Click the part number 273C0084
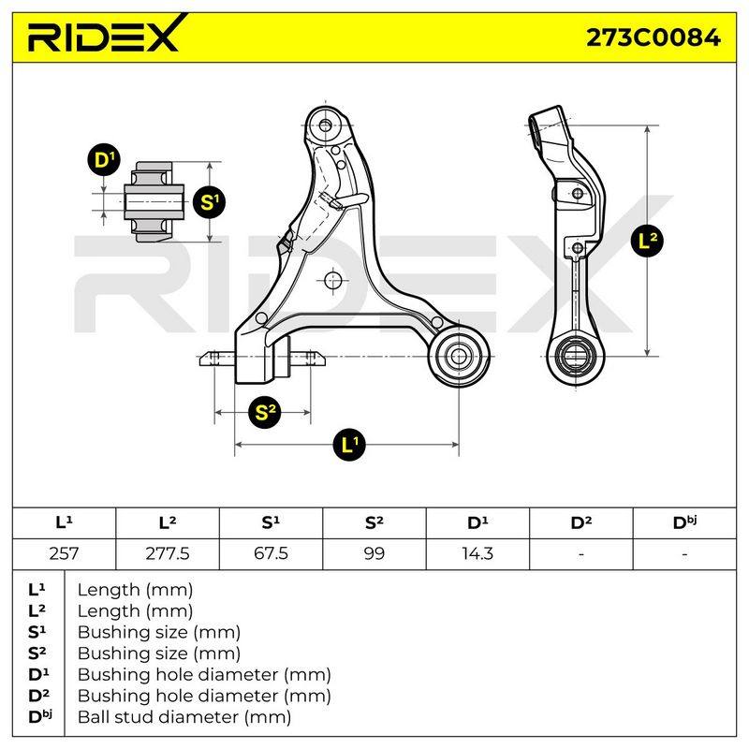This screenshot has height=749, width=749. tap(653, 37)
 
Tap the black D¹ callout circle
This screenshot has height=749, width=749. tap(104, 160)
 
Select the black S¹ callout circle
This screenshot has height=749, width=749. tap(209, 202)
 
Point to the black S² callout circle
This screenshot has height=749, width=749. tap(265, 412)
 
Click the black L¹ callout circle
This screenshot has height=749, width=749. tap(349, 444)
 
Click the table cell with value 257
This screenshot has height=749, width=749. tap(64, 553)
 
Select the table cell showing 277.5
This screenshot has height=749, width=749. tap(168, 553)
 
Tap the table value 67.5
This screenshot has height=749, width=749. tap(271, 553)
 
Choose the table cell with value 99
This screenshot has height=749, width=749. tap(374, 553)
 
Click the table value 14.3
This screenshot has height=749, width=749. tap(477, 553)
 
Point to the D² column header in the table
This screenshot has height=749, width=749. tap(580, 522)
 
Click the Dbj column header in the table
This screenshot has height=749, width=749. tap(684, 522)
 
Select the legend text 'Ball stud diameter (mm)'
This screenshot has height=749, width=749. tap(184, 717)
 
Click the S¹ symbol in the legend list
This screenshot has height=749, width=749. tap(37, 632)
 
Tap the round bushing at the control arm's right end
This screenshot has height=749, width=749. tap(459, 356)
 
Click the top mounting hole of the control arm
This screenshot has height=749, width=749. tap(325, 125)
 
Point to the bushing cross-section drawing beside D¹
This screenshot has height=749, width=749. tap(154, 201)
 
